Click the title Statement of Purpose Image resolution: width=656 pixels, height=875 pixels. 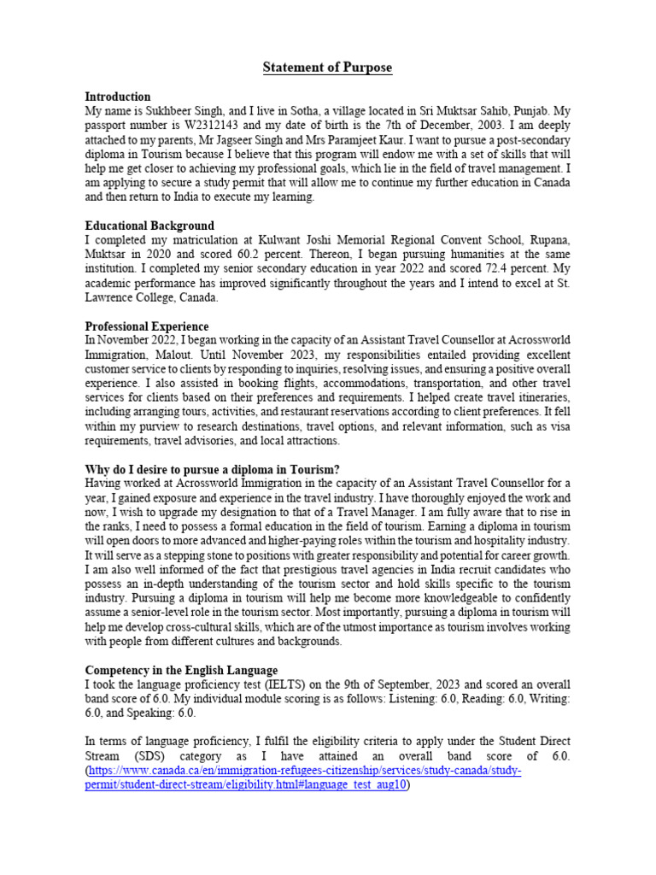(327, 68)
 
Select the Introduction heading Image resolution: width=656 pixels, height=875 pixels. (118, 97)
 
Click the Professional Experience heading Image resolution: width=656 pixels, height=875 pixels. (147, 326)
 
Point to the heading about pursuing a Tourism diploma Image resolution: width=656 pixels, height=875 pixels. (213, 469)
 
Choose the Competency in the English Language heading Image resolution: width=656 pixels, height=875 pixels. (181, 670)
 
